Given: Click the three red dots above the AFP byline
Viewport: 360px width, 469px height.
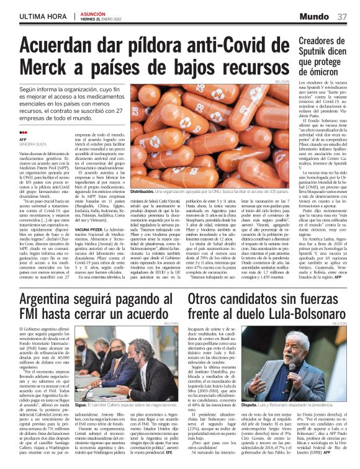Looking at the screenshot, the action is pos(24,132).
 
